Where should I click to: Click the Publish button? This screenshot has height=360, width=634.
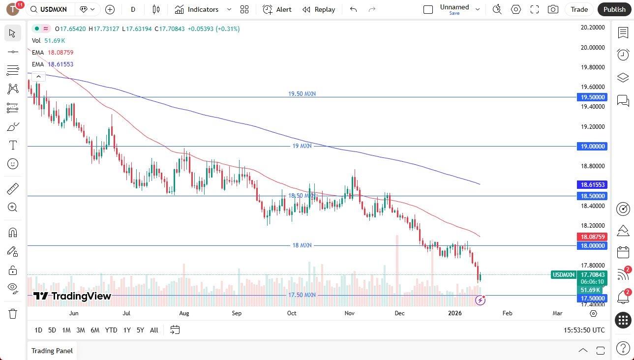coord(614,9)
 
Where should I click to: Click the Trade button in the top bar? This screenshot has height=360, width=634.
coord(579,9)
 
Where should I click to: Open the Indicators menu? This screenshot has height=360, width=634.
coord(203,9)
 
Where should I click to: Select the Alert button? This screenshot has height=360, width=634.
coord(277,9)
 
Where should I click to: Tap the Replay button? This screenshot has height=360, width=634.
coord(319,9)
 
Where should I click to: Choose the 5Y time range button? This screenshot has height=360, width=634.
coord(140,330)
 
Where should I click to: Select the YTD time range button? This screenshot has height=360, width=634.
coord(111,330)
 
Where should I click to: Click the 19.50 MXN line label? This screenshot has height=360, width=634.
coord(302,93)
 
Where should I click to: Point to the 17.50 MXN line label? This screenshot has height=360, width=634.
coord(302,295)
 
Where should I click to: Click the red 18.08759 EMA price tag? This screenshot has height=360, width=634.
coord(593,237)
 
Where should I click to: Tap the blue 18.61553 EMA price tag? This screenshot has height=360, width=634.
coord(593,185)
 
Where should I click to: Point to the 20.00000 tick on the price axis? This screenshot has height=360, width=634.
coord(593,48)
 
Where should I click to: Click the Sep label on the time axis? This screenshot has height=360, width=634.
coord(237,313)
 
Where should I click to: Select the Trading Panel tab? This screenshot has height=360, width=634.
coord(52,351)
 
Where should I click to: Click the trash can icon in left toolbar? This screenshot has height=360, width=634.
coord(13,314)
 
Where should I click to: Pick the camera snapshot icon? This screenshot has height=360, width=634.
coord(553,9)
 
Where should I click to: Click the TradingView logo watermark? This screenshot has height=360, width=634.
coord(72,296)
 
